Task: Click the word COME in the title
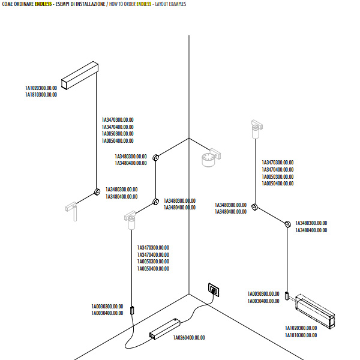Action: [9, 4]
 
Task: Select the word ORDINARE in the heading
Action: [25, 4]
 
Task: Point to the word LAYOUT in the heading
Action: [163, 4]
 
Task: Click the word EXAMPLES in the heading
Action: [178, 4]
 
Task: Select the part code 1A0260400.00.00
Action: [189, 338]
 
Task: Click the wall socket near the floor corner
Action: [214, 290]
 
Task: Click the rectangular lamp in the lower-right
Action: [315, 310]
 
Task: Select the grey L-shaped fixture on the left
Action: [72, 209]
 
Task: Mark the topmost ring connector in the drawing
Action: [156, 157]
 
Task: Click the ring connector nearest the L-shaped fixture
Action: [96, 193]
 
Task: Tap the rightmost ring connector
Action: [287, 225]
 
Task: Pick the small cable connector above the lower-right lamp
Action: [287, 296]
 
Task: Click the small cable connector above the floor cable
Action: [133, 310]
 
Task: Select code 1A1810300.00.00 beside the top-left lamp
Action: [41, 95]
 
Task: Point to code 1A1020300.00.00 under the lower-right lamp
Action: [301, 328]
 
